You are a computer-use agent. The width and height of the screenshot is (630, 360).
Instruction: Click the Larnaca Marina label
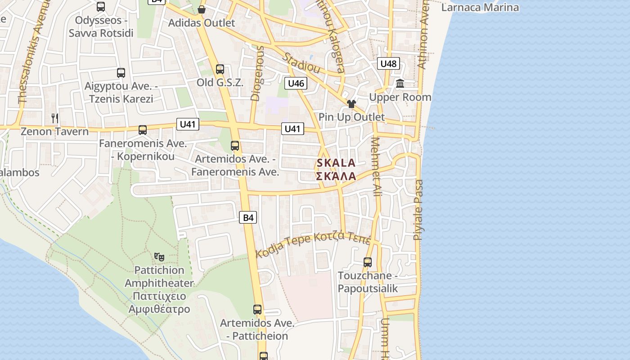coord(480,7)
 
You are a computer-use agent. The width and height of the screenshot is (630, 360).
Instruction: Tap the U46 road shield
coord(296,83)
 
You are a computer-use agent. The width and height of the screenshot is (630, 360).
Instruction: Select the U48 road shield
coord(388,63)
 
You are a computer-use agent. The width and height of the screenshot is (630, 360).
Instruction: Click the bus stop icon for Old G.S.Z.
coord(220,69)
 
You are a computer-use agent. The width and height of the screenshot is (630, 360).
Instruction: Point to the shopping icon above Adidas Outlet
coord(202,9)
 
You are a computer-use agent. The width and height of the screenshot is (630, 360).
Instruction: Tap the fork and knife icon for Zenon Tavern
coord(55,118)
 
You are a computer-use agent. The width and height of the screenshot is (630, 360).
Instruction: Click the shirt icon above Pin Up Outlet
coord(351,104)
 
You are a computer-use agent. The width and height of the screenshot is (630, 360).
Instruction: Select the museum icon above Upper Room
coord(400,84)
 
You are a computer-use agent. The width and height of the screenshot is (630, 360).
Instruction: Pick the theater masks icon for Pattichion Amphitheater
coord(159,257)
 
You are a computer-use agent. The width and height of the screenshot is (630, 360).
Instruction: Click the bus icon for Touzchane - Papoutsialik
coord(368,262)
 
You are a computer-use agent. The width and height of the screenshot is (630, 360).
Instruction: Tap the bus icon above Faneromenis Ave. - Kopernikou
coord(143,130)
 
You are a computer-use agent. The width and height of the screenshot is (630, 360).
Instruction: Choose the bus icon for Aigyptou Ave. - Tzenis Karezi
coord(121,72)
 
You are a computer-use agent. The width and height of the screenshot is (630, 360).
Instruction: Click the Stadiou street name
coord(302,63)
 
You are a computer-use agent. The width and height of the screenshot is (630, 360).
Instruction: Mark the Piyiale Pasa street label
coord(418,210)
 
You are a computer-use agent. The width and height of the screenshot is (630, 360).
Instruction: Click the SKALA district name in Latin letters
coord(336,163)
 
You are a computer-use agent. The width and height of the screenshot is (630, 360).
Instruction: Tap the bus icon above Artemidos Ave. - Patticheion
coord(257,310)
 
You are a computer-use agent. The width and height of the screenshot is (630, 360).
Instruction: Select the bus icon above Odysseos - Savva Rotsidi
coord(101,7)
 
